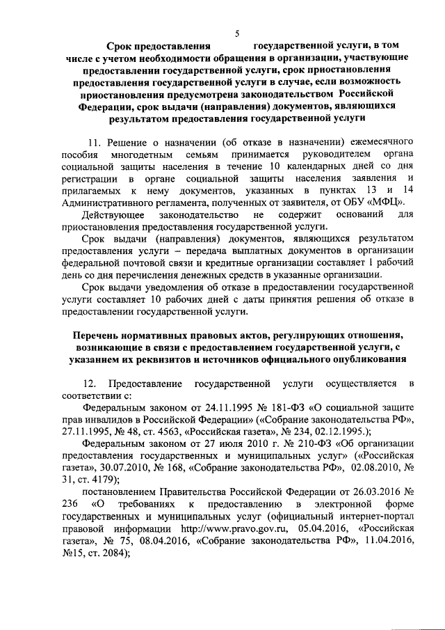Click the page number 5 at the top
[237, 33]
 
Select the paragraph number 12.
[89, 384]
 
